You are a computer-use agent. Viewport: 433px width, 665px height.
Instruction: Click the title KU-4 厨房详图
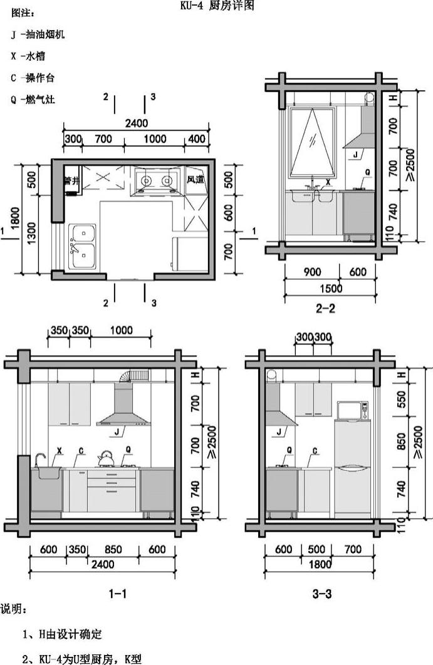[217, 6]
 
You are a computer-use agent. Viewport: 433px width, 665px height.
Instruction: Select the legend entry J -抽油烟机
[38, 34]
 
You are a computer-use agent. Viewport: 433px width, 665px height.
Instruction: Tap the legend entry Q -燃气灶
[33, 100]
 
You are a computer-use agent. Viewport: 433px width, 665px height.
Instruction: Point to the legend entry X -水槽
[28, 56]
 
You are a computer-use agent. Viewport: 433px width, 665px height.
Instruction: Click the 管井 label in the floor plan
[71, 181]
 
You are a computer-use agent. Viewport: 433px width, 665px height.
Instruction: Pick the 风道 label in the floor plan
[196, 180]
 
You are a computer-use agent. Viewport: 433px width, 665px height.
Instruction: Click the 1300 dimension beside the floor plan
[31, 234]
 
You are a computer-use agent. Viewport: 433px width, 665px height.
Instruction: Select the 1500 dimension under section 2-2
[331, 289]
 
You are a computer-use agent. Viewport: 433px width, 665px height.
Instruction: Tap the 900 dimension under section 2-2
[313, 272]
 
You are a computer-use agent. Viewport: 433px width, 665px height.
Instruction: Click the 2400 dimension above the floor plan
[136, 123]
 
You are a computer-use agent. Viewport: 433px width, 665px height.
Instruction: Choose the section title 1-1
[118, 594]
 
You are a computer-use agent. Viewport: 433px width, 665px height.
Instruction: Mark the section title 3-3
[322, 594]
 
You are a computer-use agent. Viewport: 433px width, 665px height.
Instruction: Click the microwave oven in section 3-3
[353, 410]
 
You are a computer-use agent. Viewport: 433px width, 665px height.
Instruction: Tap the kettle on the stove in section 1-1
[105, 458]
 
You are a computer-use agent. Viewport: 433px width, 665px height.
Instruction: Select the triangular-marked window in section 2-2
[313, 142]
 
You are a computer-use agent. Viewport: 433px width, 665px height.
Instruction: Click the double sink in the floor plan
[82, 247]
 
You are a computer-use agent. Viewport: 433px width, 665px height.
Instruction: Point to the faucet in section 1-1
[40, 459]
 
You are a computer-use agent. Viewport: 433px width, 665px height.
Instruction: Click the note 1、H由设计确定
[63, 634]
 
